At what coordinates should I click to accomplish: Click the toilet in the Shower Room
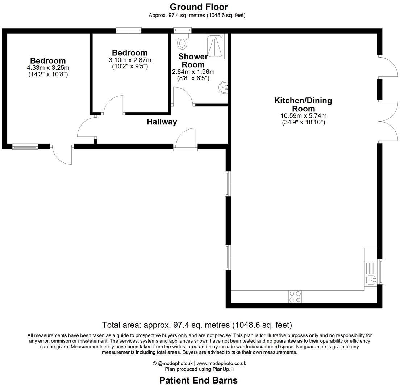[x=182, y=42]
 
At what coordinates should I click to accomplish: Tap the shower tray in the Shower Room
[x=215, y=46]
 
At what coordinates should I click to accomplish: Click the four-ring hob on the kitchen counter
[x=295, y=297]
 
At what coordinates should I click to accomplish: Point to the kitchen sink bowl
[x=371, y=280]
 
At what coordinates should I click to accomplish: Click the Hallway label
[x=162, y=122]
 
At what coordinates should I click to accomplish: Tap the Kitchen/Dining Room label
[x=303, y=104]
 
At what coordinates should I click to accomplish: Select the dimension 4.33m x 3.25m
[x=48, y=68]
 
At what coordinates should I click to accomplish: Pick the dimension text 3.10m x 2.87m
[x=130, y=60]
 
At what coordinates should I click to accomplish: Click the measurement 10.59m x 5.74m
[x=304, y=116]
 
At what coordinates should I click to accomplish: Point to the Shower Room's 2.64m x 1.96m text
[x=193, y=72]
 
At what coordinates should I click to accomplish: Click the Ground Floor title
[x=199, y=7]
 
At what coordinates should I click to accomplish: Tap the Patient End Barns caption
[x=199, y=380]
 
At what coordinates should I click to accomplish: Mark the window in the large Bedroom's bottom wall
[x=25, y=147]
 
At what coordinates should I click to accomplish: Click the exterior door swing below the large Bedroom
[x=62, y=155]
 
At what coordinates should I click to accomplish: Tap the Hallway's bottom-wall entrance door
[x=186, y=139]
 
